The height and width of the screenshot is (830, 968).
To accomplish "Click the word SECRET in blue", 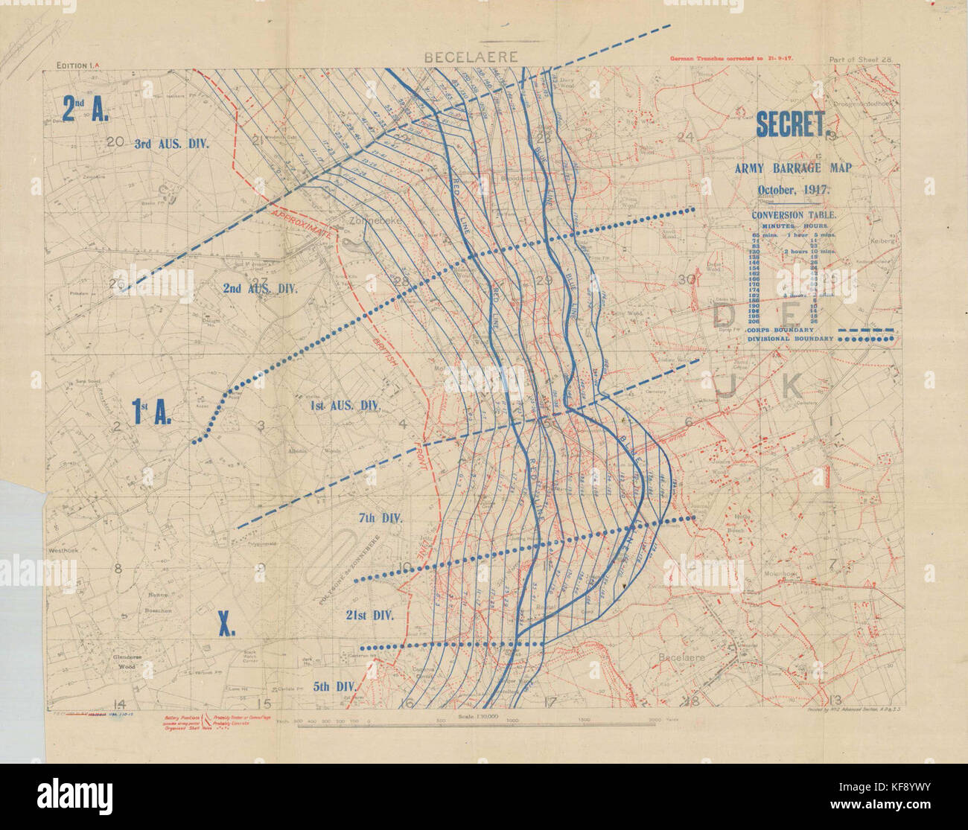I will click(x=792, y=125).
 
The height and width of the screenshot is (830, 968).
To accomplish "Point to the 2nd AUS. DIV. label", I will click(x=260, y=288).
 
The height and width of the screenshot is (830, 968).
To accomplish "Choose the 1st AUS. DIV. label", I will click(x=346, y=406).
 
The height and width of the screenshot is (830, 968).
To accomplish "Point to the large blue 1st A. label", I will click(x=152, y=412).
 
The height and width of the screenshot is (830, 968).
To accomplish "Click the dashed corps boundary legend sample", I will click(x=865, y=329).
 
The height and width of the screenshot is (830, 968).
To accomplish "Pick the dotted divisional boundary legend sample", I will click(x=865, y=339).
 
